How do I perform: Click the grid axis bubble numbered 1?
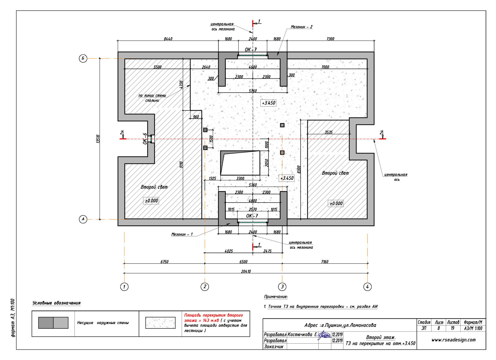click(x=124, y=287)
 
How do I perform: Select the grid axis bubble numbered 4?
click(x=367, y=287)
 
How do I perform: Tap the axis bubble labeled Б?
click(x=83, y=58)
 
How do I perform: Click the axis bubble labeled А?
click(x=83, y=219)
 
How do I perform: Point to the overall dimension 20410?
click(x=246, y=271)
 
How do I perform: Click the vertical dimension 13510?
click(x=98, y=138)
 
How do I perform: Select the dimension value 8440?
click(x=168, y=39)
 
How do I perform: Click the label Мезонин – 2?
click(x=301, y=27)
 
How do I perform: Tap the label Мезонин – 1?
click(x=182, y=234)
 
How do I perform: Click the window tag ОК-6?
click(x=145, y=138)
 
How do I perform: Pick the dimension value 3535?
click(x=329, y=132)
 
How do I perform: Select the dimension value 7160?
click(x=325, y=262)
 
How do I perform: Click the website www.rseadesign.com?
click(x=453, y=340)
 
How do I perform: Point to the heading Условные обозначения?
click(x=56, y=303)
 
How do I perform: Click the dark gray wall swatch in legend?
click(x=46, y=323)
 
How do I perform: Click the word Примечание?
click(x=276, y=296)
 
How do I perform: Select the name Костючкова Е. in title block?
click(x=302, y=335)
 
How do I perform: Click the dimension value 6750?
click(x=164, y=262)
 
